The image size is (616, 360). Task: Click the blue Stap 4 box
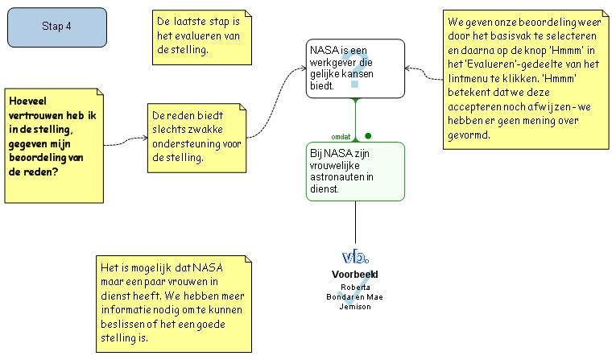tap(56, 27)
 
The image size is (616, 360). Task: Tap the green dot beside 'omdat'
tap(368, 135)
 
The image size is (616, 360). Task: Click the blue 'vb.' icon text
tap(355, 257)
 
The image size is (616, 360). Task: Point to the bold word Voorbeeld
tap(355, 275)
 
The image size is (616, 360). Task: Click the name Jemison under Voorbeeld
tap(355, 306)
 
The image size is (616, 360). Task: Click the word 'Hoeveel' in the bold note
tap(29, 101)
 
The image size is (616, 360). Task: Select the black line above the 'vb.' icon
tap(355, 221)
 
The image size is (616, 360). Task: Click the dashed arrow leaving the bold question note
tap(125, 143)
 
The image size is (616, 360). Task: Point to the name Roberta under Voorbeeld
tap(355, 287)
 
